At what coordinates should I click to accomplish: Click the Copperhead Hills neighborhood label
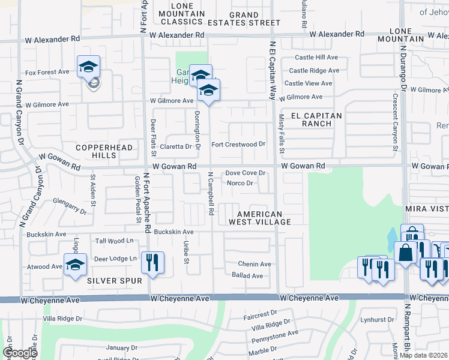click(x=95, y=151)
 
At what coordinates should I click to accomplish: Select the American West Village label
click(x=264, y=218)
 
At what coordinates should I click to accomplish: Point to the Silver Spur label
click(x=115, y=280)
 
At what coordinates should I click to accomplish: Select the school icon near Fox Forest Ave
click(x=88, y=67)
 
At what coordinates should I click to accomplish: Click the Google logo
click(x=20, y=353)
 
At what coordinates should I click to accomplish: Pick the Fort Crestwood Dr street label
click(x=238, y=145)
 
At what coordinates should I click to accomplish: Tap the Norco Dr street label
click(x=240, y=183)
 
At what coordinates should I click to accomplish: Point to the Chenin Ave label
click(x=255, y=264)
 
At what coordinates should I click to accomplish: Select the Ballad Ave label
click(x=247, y=276)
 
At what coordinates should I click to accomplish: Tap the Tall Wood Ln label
click(x=114, y=241)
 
